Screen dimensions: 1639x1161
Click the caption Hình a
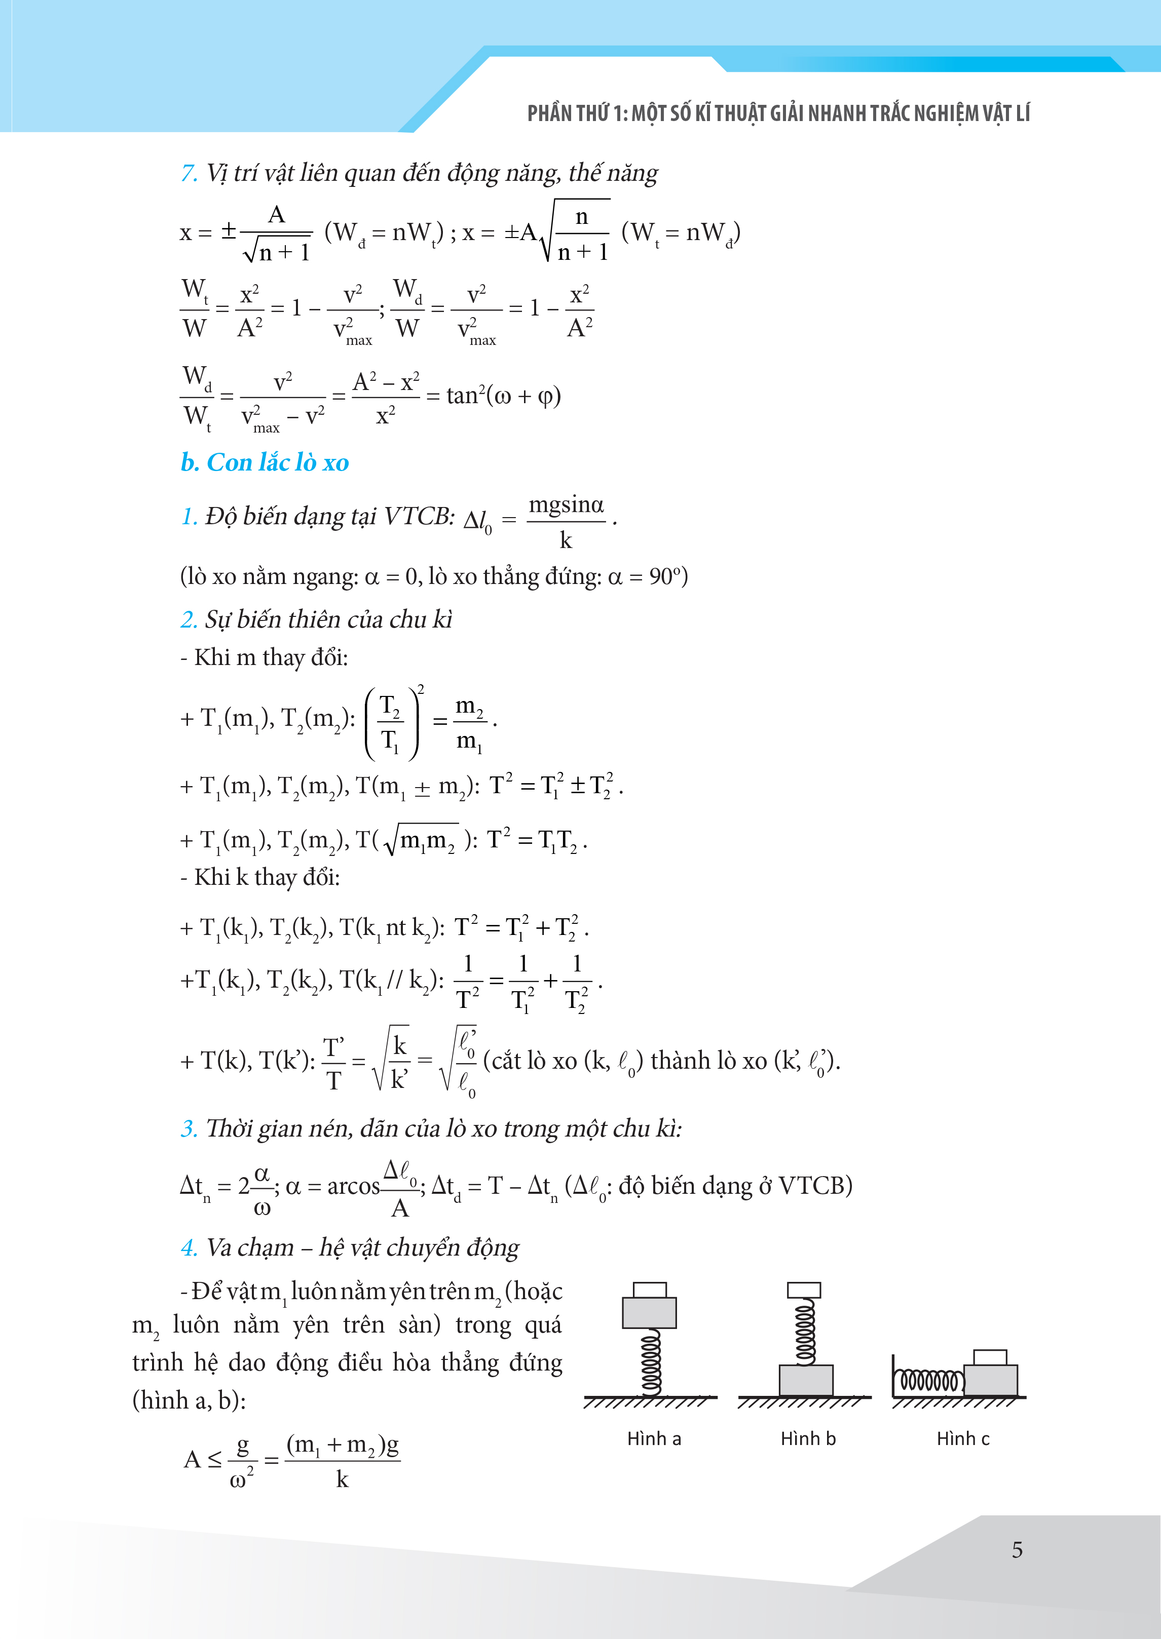coord(653,1438)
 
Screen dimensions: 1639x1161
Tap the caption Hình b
coord(808,1438)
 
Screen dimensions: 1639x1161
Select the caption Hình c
coord(963,1438)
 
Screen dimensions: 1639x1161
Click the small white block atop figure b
coord(804,1290)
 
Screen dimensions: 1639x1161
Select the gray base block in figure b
coord(806,1380)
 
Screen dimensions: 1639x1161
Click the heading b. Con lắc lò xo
coord(265,462)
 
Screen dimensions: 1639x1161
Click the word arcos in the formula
coord(353,1186)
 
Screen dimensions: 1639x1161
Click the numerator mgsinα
coord(566,505)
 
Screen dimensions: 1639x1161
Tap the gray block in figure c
coord(990,1380)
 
